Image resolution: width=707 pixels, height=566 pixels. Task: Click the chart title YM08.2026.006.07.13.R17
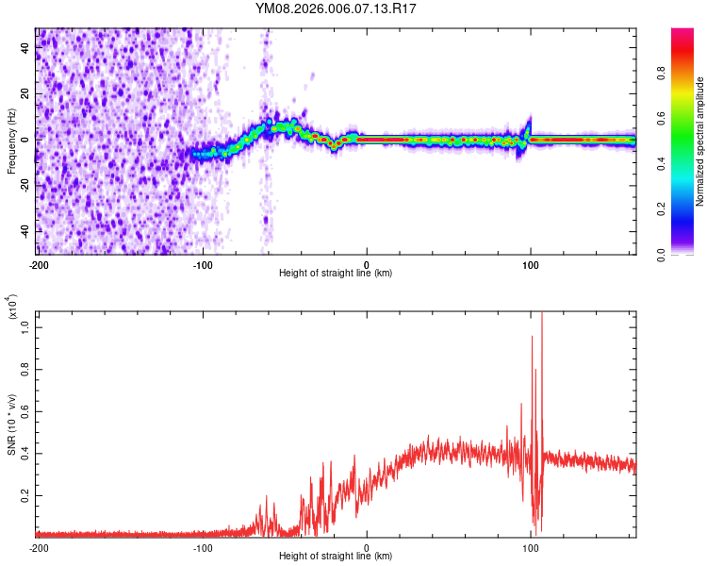point(337,9)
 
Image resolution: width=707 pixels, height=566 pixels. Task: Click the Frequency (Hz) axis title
point(11,141)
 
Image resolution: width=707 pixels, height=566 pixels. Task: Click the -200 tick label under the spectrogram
point(39,264)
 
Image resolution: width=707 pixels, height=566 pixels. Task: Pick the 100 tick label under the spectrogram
point(531,264)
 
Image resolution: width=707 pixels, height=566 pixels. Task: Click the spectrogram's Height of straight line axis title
point(336,274)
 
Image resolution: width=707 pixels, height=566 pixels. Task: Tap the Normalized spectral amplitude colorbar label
point(700,141)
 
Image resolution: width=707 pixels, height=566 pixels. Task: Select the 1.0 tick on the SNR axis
point(25,326)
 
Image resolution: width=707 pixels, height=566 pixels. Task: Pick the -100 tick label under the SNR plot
point(203,547)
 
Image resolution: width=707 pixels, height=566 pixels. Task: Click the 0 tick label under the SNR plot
point(367,547)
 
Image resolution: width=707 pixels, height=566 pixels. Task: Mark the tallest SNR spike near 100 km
point(541,315)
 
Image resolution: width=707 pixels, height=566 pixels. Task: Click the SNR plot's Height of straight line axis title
point(336,557)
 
